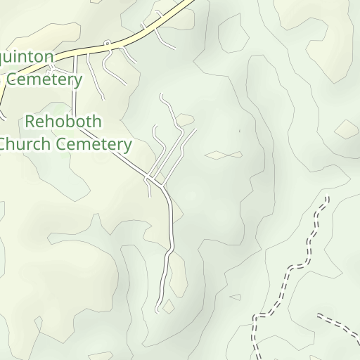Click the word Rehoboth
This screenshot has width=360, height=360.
(63, 122)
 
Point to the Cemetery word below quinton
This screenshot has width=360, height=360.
(44, 79)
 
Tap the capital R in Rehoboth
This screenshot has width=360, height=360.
(30, 122)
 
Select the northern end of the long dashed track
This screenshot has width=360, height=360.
(326, 199)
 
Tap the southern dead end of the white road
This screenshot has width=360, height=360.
(157, 310)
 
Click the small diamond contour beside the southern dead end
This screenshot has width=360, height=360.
(168, 306)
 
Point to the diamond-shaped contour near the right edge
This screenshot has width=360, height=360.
(346, 129)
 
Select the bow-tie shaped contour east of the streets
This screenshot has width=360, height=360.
(224, 155)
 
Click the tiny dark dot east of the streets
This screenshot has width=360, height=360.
(239, 131)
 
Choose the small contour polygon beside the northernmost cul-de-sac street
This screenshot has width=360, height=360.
(185, 120)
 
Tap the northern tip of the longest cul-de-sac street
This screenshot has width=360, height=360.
(162, 94)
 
